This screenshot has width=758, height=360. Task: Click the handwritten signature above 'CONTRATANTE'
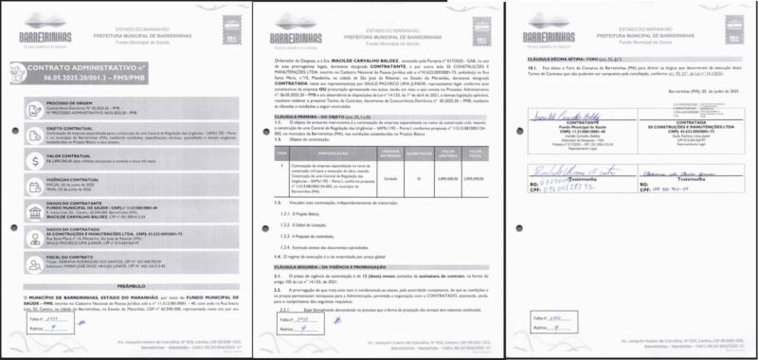coord(560,156)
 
